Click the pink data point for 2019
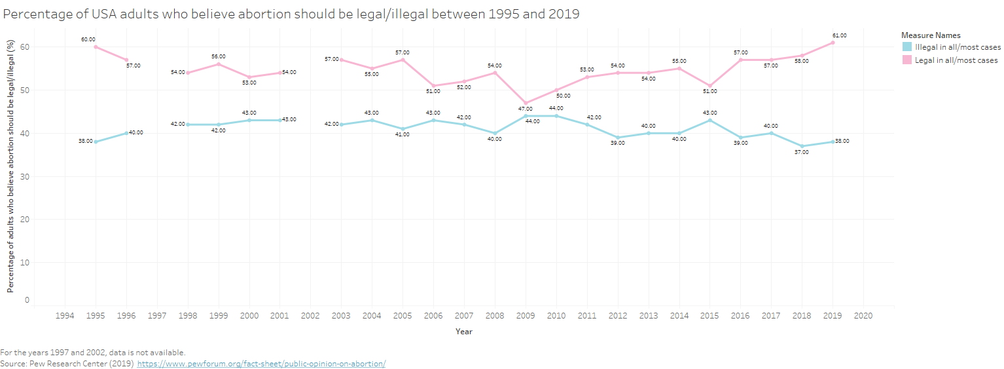833,43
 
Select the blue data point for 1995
96,142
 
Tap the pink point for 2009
526,103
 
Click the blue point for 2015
709,120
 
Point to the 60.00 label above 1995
88,39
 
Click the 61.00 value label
840,35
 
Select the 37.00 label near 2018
802,152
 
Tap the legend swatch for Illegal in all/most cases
906,47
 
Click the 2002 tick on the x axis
310,316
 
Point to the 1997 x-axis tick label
157,316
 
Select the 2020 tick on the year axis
863,316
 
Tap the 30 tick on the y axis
25,176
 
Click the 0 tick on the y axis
27,300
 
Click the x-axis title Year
464,332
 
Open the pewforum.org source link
261,364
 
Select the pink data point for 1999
219,64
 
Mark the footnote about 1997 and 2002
93,352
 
